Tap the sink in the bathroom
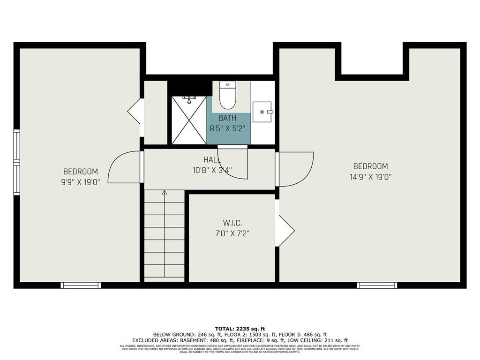click(262, 112)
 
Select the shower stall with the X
click(189, 120)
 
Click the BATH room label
click(227, 118)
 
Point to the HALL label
click(212, 160)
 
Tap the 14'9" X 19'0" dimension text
click(371, 177)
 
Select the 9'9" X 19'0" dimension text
click(81, 182)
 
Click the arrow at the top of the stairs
click(164, 192)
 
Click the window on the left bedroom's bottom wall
click(81, 285)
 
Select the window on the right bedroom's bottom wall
click(377, 285)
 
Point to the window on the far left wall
click(17, 162)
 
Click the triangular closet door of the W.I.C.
click(284, 230)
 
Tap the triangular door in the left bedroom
click(135, 111)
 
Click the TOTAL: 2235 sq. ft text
click(240, 329)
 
